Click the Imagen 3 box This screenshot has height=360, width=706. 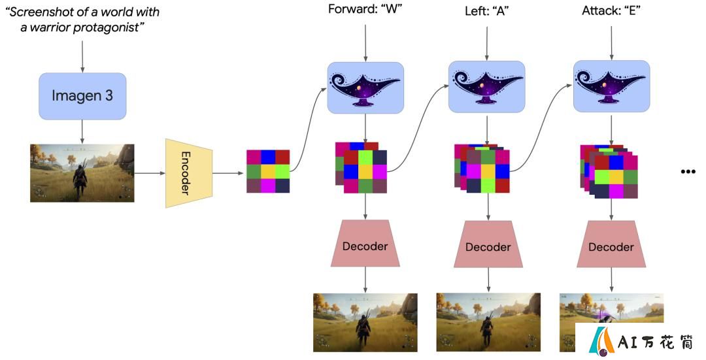tap(82, 96)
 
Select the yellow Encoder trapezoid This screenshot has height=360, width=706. tap(189, 173)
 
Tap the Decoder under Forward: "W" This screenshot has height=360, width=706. tap(365, 244)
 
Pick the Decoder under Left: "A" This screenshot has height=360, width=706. tap(488, 244)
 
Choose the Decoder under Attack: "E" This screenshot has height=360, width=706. tap(611, 244)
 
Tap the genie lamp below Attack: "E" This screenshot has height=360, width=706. tap(611, 87)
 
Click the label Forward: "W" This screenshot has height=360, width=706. tap(365, 9)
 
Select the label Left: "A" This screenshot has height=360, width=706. tap(487, 10)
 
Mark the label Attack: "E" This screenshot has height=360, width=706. tap(611, 10)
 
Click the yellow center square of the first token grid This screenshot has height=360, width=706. tap(268, 171)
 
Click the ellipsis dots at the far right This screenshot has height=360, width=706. tap(688, 171)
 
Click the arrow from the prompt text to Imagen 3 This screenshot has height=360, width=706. tap(82, 56)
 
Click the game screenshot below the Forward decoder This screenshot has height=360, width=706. tap(365, 322)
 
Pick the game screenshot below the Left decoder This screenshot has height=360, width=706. tap(488, 322)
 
